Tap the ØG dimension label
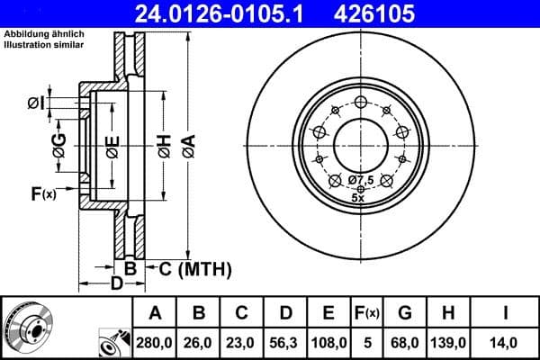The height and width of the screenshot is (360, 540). click(59, 147)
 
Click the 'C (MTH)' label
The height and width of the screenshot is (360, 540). click(195, 268)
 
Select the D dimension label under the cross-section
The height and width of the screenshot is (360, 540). click(116, 285)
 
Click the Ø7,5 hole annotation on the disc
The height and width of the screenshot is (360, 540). click(362, 180)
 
